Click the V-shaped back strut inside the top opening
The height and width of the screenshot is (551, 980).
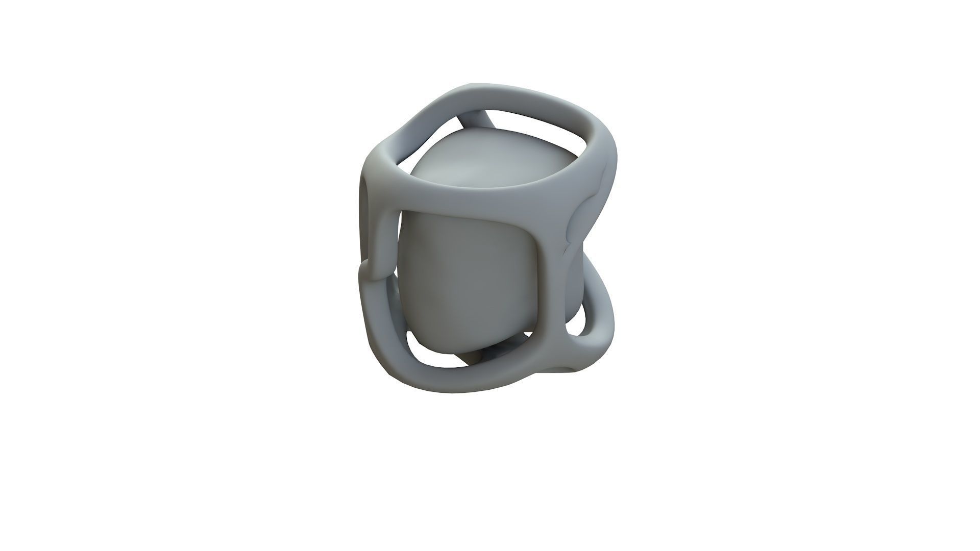click(477, 122)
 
